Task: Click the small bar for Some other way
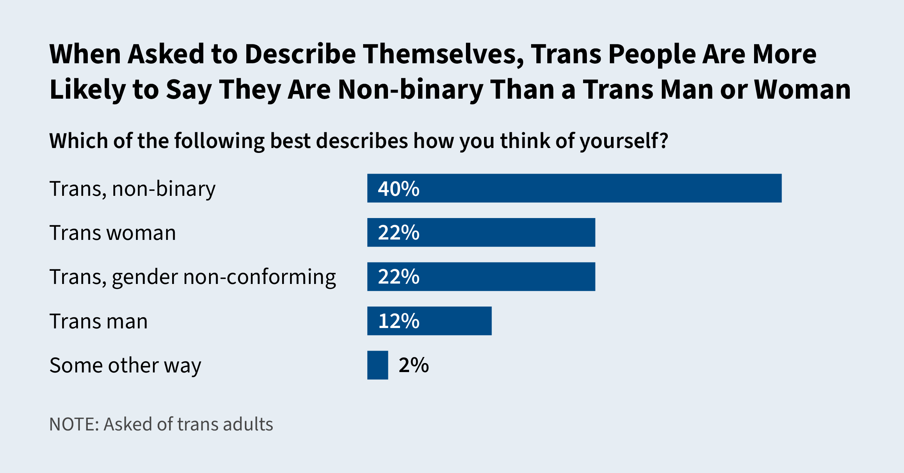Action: [x=377, y=365]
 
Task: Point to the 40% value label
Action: [x=399, y=189]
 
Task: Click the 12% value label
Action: [x=399, y=321]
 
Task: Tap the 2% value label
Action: [x=414, y=365]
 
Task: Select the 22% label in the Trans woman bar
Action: [x=399, y=233]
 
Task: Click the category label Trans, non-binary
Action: [x=133, y=189]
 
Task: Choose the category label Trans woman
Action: [x=113, y=233]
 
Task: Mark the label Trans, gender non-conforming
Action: [x=192, y=278]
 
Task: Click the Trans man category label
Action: [x=99, y=322]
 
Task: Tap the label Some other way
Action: [x=125, y=366]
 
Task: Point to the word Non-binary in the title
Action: [x=411, y=90]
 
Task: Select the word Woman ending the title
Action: [x=802, y=90]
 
